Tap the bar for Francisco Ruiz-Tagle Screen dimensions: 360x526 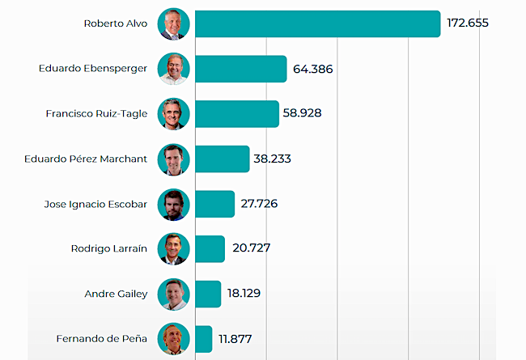[237, 114]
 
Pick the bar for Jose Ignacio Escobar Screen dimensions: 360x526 [215, 204]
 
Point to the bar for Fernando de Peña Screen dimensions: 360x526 [204, 339]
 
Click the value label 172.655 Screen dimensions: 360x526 [468, 23]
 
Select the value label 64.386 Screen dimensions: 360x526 [312, 69]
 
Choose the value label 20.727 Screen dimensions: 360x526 [250, 249]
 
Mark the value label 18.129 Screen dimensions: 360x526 [246, 294]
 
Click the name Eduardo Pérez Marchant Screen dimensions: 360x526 [87, 159]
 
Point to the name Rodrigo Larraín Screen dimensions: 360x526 [109, 249]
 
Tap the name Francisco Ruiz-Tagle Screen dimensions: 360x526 [96, 114]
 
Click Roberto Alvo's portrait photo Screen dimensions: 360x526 [173, 24]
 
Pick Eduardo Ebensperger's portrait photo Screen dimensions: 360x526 [173, 69]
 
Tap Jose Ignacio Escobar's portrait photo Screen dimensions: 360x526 [173, 204]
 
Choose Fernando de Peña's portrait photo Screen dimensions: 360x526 [173, 339]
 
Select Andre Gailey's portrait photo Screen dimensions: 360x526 [173, 294]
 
